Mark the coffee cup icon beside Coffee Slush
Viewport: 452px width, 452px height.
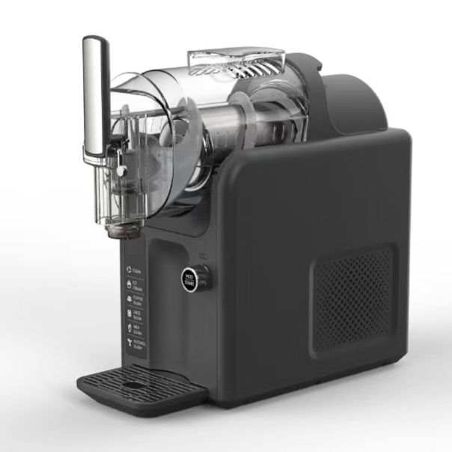[x=129, y=299]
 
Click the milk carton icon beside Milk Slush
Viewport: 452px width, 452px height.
[x=129, y=329]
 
